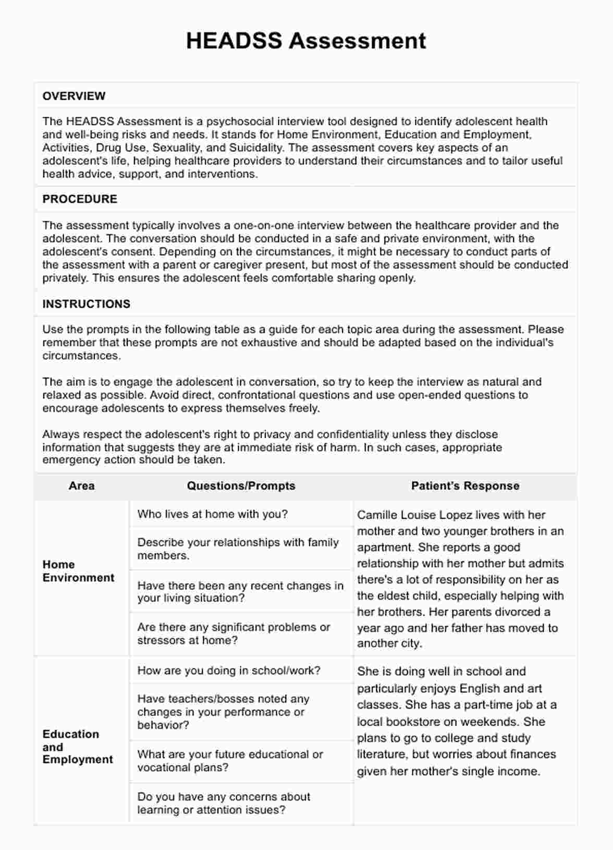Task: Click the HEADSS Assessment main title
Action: pyautogui.click(x=306, y=41)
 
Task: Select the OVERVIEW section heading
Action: pyautogui.click(x=74, y=96)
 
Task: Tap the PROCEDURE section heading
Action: pyautogui.click(x=80, y=199)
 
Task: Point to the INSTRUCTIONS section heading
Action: pyautogui.click(x=87, y=304)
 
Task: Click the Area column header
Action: pyautogui.click(x=82, y=486)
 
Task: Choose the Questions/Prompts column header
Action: pyautogui.click(x=241, y=486)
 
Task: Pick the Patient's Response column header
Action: pyautogui.click(x=465, y=486)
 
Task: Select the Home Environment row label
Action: pyautogui.click(x=78, y=571)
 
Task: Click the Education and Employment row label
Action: pyautogui.click(x=78, y=746)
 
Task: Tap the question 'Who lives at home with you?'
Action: pyautogui.click(x=212, y=514)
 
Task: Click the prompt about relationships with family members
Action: pyautogui.click(x=238, y=549)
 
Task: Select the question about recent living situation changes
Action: pyautogui.click(x=240, y=592)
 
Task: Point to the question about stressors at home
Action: pyautogui.click(x=234, y=634)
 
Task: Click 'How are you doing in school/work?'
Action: pyautogui.click(x=229, y=671)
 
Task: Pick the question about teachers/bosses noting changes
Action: pyautogui.click(x=223, y=712)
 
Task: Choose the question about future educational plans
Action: pyautogui.click(x=230, y=761)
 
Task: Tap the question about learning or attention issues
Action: pyautogui.click(x=224, y=803)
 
